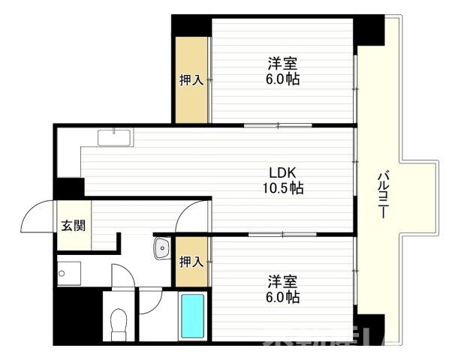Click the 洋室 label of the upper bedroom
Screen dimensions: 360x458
[282, 62]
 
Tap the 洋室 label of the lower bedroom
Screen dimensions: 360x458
[282, 281]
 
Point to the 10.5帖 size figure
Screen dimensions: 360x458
[282, 189]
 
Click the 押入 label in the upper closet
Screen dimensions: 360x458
[191, 79]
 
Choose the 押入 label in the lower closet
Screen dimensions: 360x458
[191, 262]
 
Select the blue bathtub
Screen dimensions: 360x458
[193, 316]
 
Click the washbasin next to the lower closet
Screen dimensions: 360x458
[161, 249]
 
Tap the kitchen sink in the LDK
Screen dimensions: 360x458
[113, 137]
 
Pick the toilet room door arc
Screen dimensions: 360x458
[122, 275]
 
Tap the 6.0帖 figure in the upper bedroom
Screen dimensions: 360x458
[282, 79]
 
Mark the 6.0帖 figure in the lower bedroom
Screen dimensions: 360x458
[282, 298]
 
